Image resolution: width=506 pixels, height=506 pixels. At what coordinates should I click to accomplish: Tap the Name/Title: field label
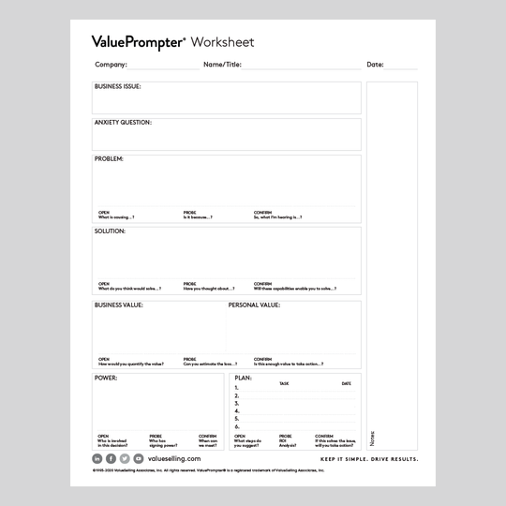[x=222, y=65]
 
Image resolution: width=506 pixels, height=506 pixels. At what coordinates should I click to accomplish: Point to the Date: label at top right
[x=375, y=65]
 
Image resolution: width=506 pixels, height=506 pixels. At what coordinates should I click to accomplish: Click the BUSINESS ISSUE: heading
[x=117, y=86]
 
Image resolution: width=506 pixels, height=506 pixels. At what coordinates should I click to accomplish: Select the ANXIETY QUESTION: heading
[x=123, y=122]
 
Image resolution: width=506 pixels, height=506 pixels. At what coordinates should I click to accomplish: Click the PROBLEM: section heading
[x=109, y=158]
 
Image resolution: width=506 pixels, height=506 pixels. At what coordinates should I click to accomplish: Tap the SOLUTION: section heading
[x=110, y=231]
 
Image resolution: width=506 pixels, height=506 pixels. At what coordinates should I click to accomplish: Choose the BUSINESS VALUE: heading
[x=118, y=305]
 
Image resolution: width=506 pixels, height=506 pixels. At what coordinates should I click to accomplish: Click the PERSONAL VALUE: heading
[x=254, y=305]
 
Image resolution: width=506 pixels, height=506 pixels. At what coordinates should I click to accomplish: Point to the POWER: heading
[x=105, y=377]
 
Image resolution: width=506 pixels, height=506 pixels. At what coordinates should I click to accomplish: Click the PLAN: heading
[x=243, y=377]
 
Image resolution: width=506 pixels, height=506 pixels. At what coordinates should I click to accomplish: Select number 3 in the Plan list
[x=237, y=403]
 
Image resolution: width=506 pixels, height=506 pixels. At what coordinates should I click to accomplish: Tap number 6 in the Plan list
[x=237, y=426]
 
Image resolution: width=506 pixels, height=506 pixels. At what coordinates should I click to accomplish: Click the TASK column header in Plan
[x=284, y=383]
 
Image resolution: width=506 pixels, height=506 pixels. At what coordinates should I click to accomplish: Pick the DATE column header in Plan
[x=346, y=383]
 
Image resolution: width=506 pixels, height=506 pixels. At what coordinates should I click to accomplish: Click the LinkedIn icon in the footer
[x=97, y=458]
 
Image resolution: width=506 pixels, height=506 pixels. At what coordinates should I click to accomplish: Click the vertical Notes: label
[x=372, y=438]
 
